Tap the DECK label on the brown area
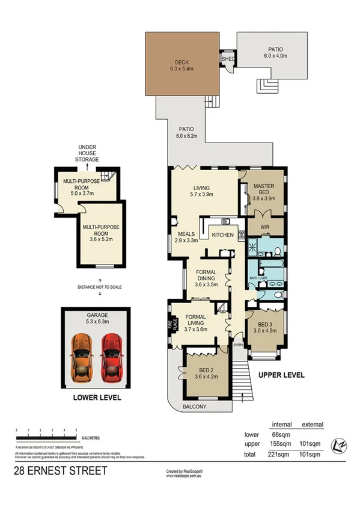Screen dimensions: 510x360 pyautogui.click(x=182, y=61)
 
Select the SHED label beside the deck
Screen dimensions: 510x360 pyautogui.click(x=228, y=60)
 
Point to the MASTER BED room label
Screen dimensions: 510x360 pyautogui.click(x=263, y=189)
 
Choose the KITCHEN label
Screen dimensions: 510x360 pyautogui.click(x=222, y=234)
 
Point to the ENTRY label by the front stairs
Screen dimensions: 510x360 pyautogui.click(x=239, y=345)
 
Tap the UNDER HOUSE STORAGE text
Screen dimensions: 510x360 pyautogui.click(x=87, y=153)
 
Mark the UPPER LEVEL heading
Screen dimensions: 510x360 pyautogui.click(x=281, y=375)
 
